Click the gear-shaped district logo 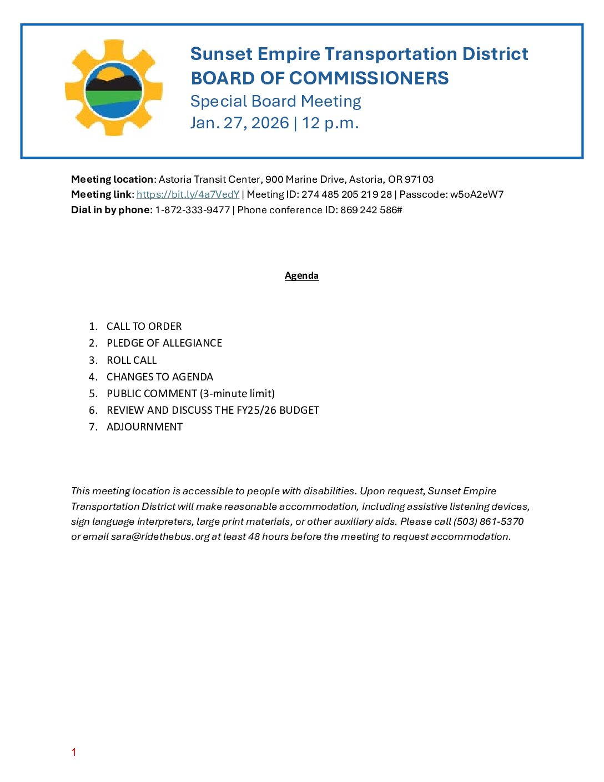tap(114, 88)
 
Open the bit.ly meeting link tap(188, 194)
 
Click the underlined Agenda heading tap(301, 275)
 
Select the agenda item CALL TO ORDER tap(144, 327)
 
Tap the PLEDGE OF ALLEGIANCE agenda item tap(164, 343)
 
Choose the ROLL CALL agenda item tap(132, 360)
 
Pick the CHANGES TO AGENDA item tap(160, 377)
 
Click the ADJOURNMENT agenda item tap(144, 427)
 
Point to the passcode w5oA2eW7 tap(477, 194)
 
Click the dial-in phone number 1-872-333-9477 tap(192, 210)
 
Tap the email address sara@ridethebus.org tap(160, 537)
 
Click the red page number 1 tap(74, 752)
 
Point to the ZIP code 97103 tap(419, 179)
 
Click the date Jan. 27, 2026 tap(239, 123)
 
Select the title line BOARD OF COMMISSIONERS tap(319, 78)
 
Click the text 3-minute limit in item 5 tap(238, 393)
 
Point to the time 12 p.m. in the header tap(330, 123)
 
